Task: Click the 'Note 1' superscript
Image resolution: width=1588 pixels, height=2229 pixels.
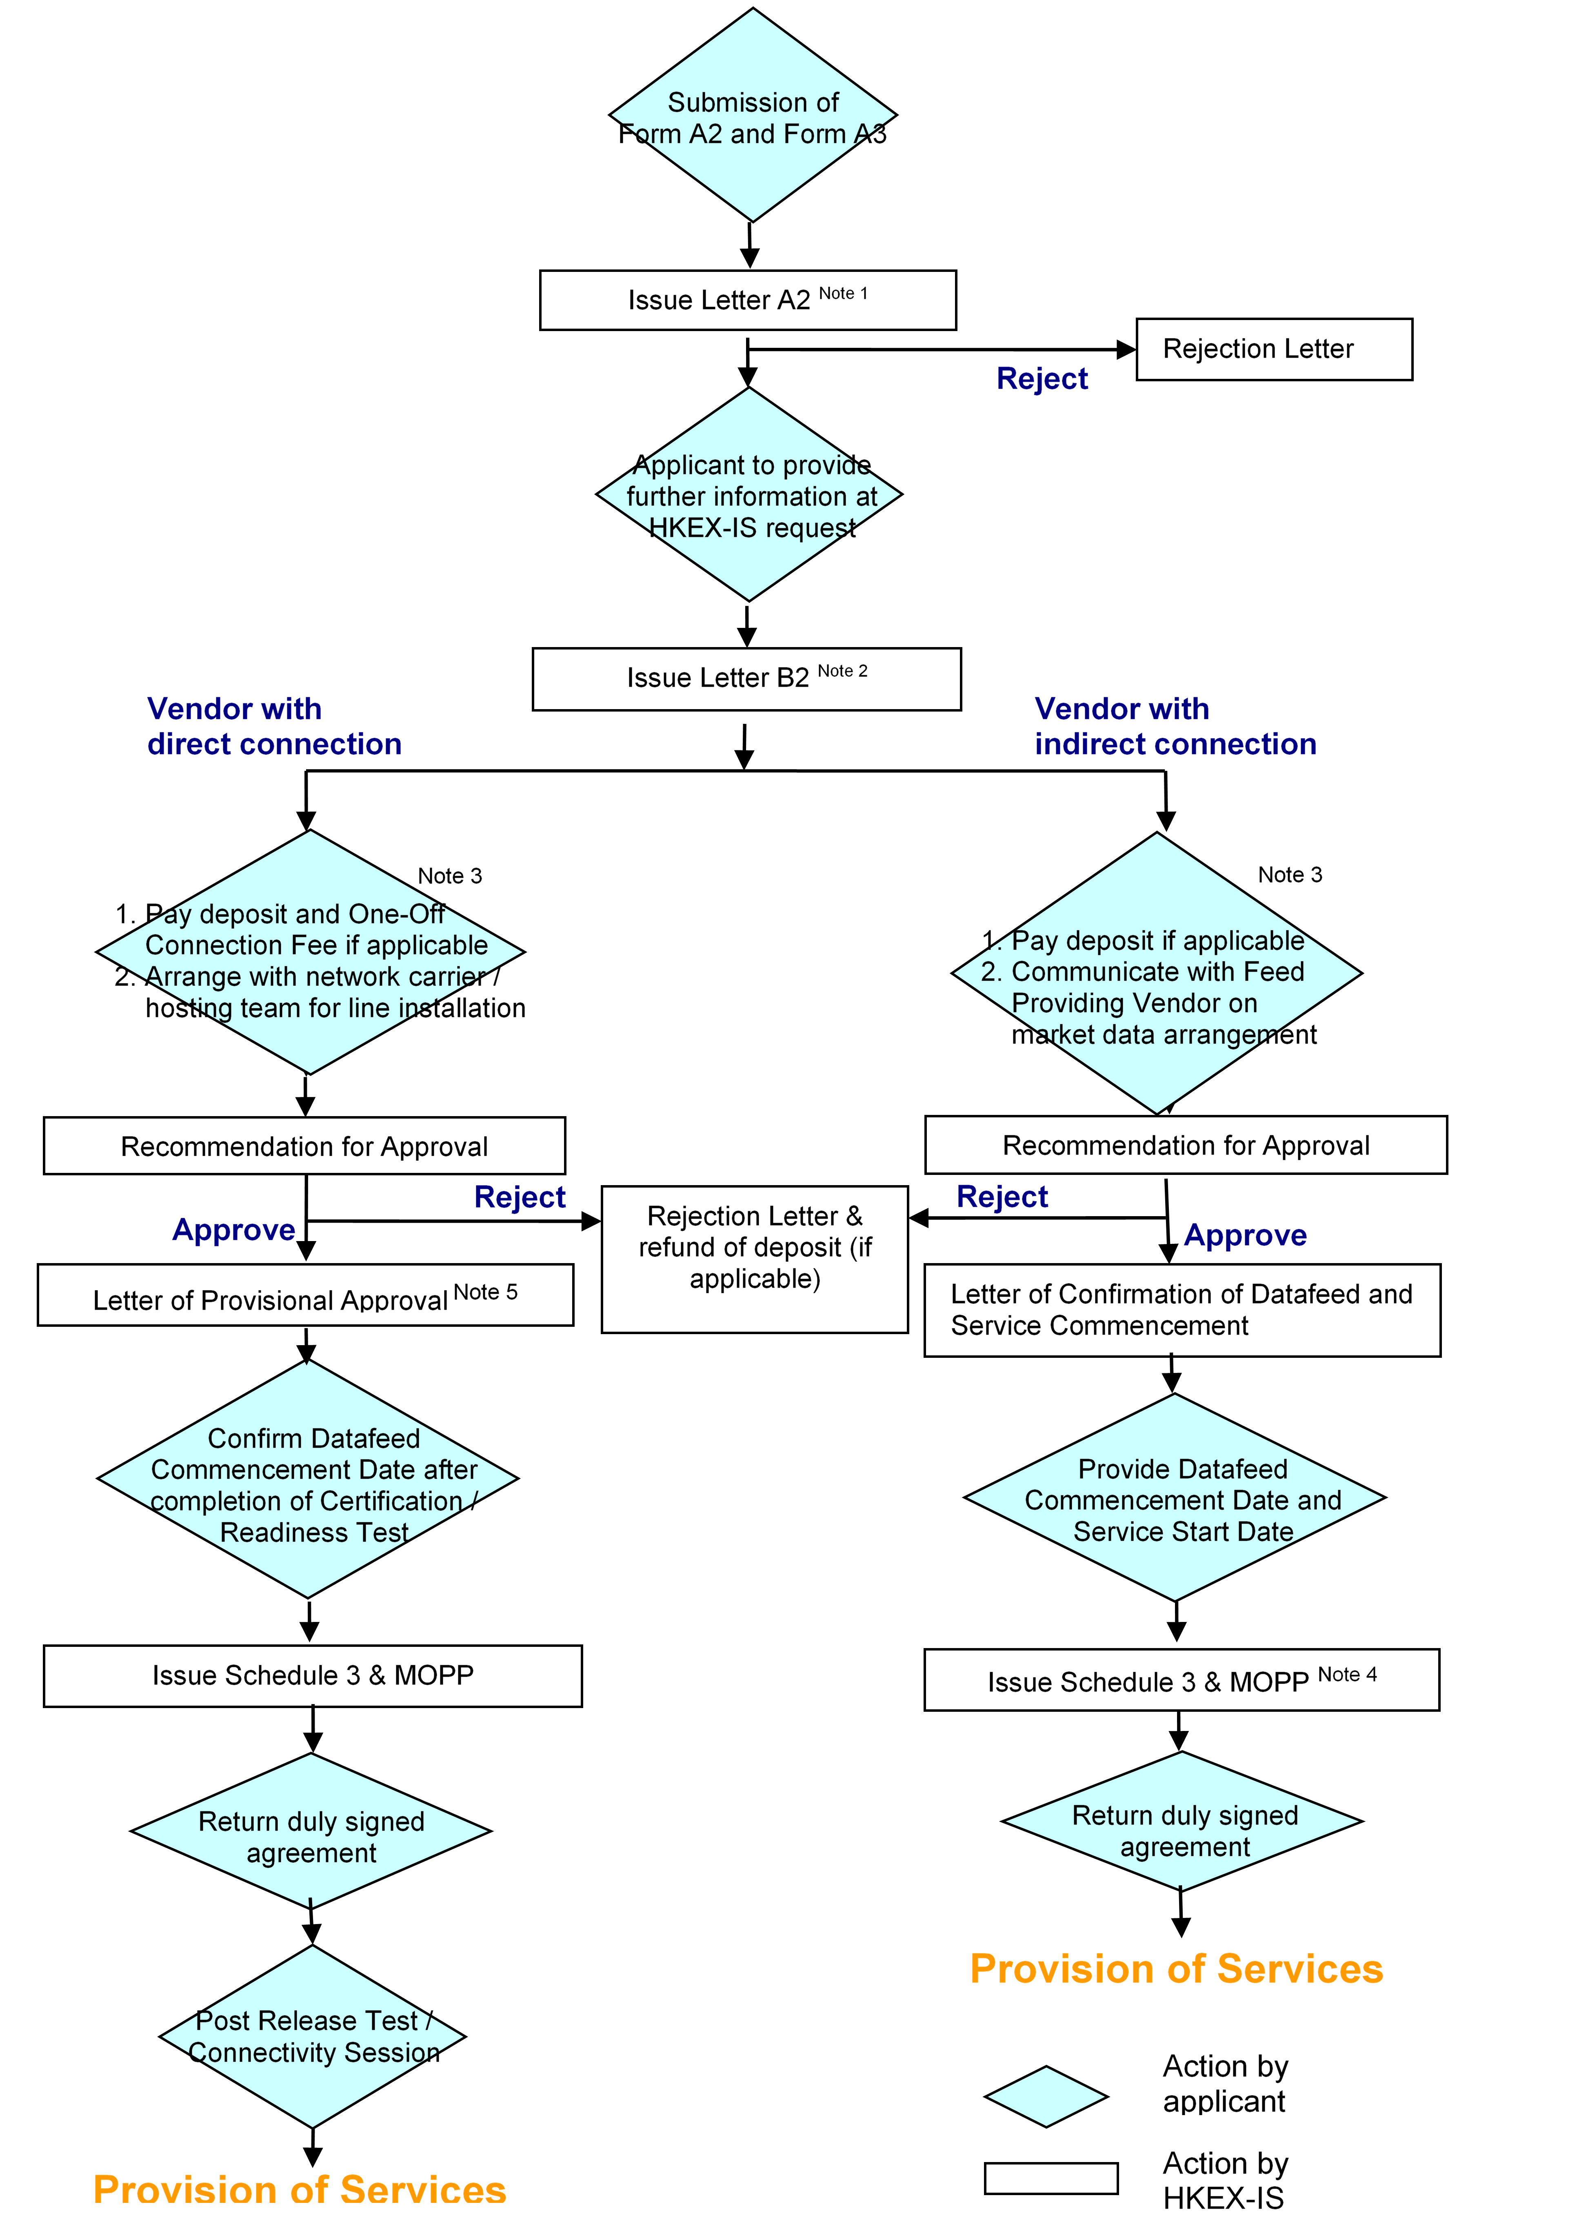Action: coord(843,294)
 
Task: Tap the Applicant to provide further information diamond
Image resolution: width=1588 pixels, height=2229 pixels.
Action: coord(749,495)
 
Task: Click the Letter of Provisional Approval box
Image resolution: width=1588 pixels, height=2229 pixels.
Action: coord(305,1296)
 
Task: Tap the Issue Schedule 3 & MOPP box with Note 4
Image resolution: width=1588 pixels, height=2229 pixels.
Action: coord(1181,1680)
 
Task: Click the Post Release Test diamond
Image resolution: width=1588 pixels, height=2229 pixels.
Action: coord(312,2036)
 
